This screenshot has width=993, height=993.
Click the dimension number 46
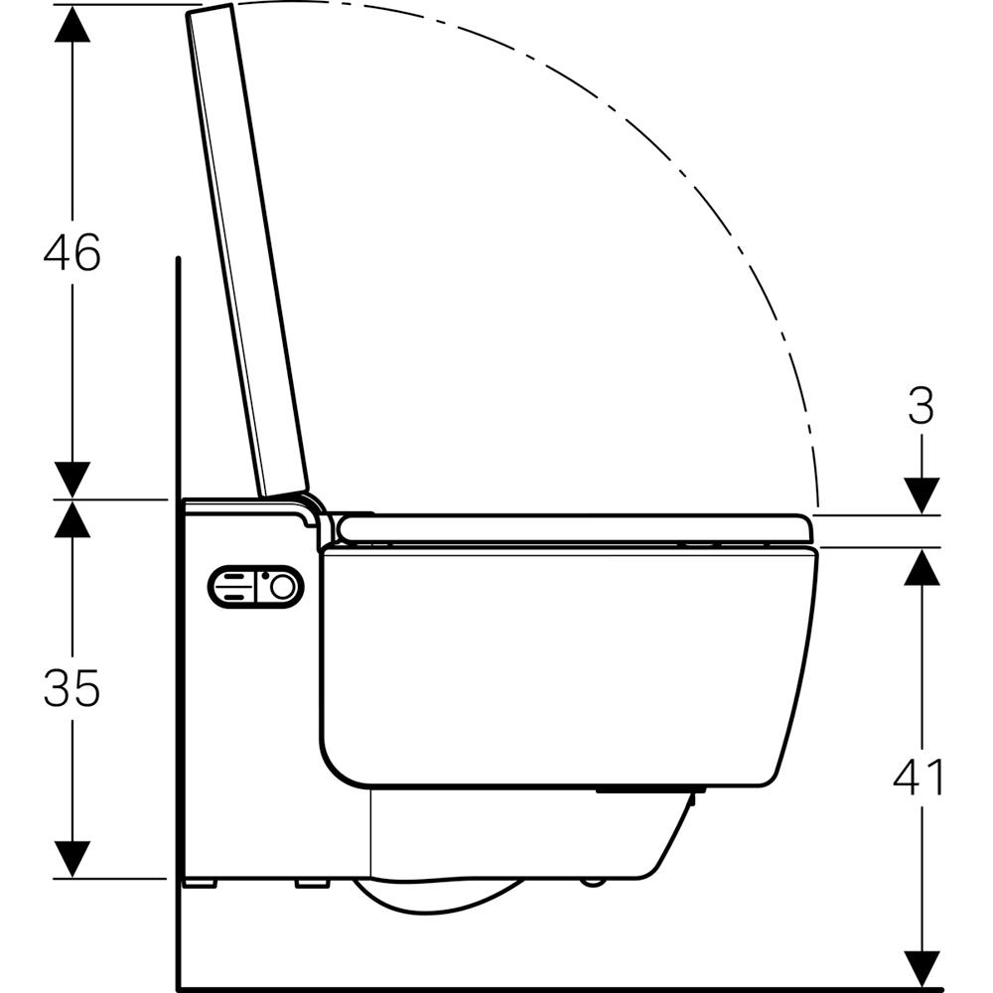71,252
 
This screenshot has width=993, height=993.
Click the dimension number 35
71,688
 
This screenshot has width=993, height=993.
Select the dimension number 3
921,406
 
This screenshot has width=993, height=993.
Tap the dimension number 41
919,777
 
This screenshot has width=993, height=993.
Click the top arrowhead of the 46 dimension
72,24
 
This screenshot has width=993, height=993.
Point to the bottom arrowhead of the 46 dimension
72,480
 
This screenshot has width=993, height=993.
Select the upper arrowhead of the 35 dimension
72,518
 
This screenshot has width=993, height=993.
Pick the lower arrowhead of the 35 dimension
72,859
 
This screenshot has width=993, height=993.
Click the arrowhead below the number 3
922,496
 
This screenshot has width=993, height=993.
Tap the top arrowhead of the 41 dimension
922,566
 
